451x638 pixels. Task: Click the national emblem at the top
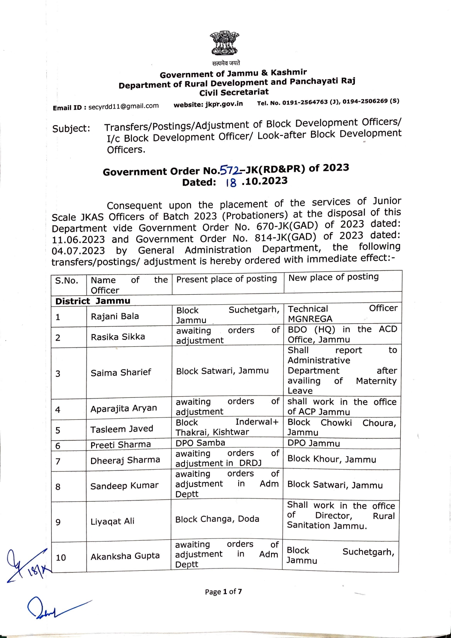coord(224,43)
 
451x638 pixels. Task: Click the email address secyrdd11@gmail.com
coord(124,106)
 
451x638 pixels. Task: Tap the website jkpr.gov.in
coord(224,104)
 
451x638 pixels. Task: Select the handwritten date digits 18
coord(231,183)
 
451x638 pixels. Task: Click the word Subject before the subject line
coord(71,128)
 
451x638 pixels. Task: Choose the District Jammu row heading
coord(93,301)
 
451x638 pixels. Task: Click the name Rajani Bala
coord(115,316)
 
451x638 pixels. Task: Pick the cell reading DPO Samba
coord(200,443)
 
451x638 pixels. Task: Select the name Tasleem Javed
coord(122,429)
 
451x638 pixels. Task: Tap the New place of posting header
coord(333,277)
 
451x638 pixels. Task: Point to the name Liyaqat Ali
coord(112,521)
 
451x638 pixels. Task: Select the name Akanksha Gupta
coord(125,556)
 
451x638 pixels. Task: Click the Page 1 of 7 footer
coord(224,592)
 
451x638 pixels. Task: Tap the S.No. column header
coord(66,280)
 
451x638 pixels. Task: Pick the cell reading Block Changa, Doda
coord(217,519)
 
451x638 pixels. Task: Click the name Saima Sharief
coord(121,372)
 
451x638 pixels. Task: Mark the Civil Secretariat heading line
coord(234,93)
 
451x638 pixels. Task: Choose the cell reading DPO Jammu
coord(314,443)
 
